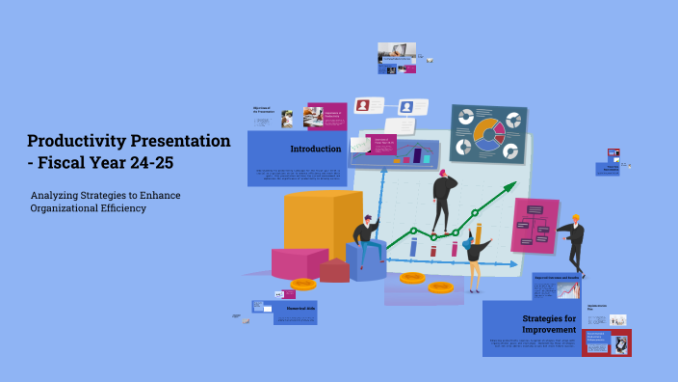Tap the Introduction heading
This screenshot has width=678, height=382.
coord(315,149)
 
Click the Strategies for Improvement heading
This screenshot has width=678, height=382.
coord(549,323)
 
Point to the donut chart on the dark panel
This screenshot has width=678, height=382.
coord(488,135)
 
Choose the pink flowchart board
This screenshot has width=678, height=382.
coord(535,226)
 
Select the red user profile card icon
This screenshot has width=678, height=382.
coord(363,106)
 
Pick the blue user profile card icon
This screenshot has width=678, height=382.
coord(406,107)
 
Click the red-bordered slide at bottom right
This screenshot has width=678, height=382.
coord(606,342)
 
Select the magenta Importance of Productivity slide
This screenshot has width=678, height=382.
coord(326,116)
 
